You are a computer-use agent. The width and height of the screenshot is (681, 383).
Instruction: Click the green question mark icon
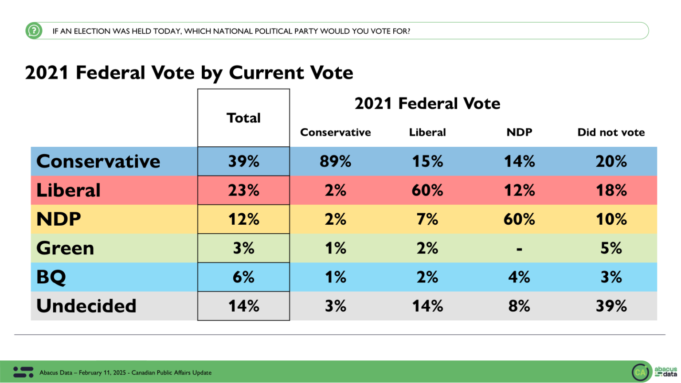pyautogui.click(x=34, y=31)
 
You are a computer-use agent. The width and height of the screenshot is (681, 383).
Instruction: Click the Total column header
pyautogui.click(x=243, y=118)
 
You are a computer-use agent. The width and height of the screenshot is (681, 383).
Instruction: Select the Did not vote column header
pyautogui.click(x=611, y=133)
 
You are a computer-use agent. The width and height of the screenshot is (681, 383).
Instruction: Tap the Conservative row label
pyautogui.click(x=98, y=161)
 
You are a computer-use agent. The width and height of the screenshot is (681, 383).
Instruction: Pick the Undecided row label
pyautogui.click(x=86, y=306)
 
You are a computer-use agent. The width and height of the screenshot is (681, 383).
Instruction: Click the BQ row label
pyautogui.click(x=51, y=277)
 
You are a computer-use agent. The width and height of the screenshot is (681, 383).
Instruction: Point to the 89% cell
pyautogui.click(x=335, y=161)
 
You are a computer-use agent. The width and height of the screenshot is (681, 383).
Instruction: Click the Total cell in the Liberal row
pyautogui.click(x=243, y=190)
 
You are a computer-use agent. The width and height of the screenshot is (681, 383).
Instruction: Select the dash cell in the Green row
pyautogui.click(x=519, y=249)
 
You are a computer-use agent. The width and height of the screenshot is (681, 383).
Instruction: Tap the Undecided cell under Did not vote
pyautogui.click(x=611, y=306)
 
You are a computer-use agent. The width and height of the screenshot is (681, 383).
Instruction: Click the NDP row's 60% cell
pyautogui.click(x=519, y=219)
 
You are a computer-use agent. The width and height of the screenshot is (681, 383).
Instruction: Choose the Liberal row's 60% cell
pyautogui.click(x=427, y=190)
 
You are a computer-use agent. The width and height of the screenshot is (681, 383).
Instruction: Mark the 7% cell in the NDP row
pyautogui.click(x=427, y=219)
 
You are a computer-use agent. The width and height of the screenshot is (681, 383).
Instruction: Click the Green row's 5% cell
pyautogui.click(x=611, y=248)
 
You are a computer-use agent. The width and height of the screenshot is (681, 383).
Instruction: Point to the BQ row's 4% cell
pyautogui.click(x=519, y=277)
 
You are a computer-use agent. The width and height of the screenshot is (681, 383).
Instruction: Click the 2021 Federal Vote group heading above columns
pyautogui.click(x=427, y=104)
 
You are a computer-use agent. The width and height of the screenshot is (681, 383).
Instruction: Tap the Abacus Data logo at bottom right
pyautogui.click(x=654, y=371)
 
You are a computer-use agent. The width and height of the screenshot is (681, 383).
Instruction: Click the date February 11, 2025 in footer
pyautogui.click(x=101, y=373)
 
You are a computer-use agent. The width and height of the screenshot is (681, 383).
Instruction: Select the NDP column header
pyautogui.click(x=519, y=133)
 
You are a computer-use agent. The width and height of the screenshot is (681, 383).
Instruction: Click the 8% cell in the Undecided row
pyautogui.click(x=519, y=306)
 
